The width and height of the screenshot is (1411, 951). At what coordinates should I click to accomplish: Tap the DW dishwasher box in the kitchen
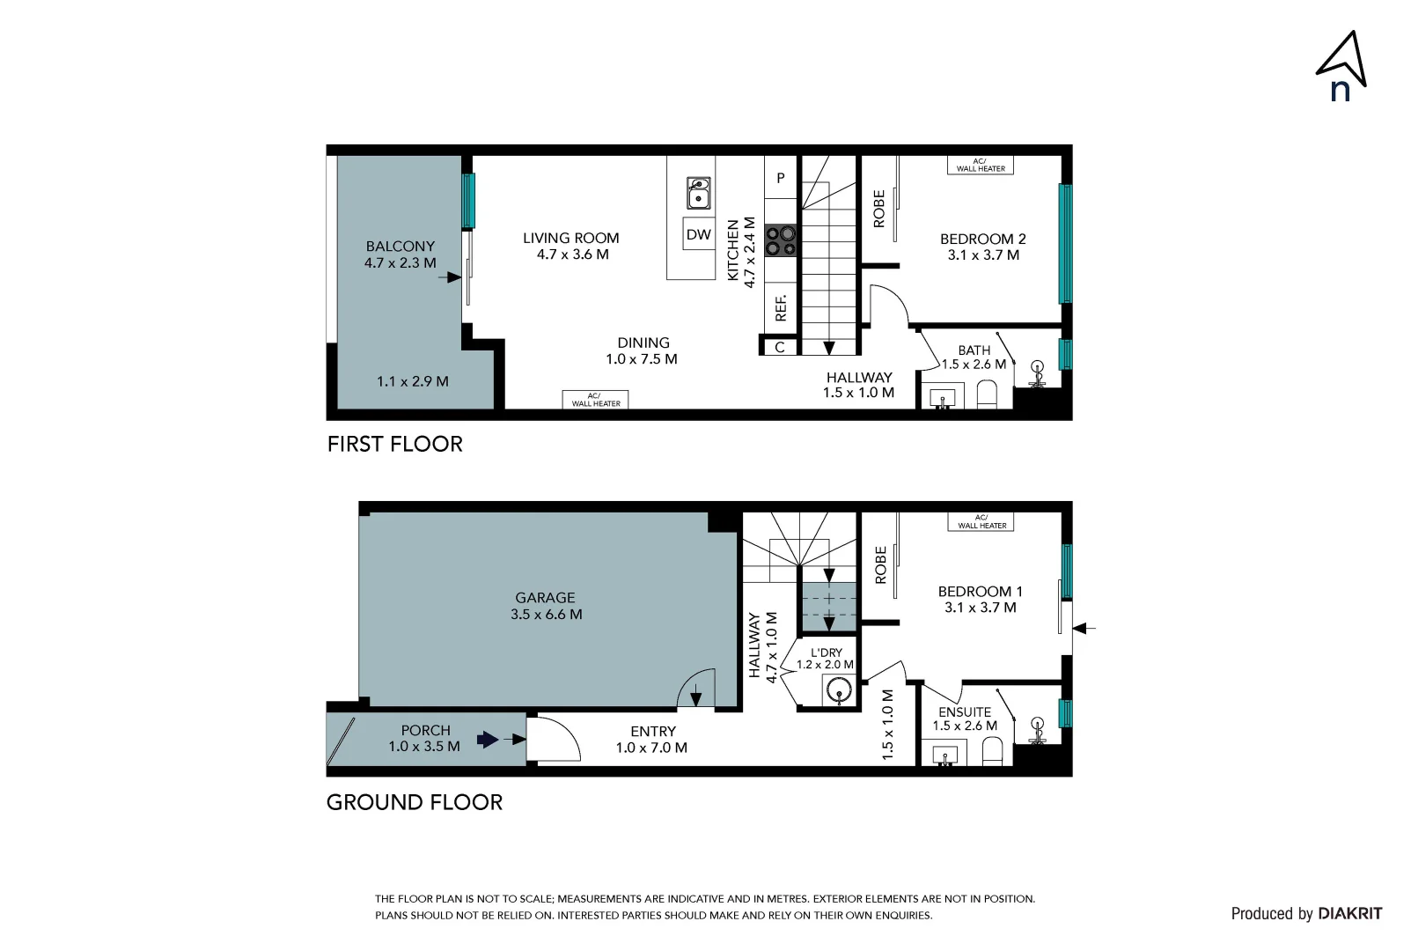699,234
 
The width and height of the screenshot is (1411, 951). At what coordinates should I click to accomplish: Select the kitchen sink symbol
699,193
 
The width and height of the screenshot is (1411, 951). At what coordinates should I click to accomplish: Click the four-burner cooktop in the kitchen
781,240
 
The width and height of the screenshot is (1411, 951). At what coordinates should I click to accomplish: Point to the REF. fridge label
781,308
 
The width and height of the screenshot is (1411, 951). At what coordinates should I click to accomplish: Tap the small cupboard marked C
780,347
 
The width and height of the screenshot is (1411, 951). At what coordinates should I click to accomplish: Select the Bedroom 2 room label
982,239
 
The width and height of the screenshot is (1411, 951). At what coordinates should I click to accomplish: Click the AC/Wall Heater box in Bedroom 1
981,522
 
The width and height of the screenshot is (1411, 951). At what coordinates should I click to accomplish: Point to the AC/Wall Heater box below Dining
595,400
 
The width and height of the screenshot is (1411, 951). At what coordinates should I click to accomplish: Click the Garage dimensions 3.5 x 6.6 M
546,615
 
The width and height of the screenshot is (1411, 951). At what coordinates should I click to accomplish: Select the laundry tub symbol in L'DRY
839,690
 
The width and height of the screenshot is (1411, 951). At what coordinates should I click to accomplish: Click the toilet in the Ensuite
992,752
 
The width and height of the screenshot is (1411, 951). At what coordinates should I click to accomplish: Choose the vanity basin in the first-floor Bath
943,398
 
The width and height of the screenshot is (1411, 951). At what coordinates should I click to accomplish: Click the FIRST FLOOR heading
395,445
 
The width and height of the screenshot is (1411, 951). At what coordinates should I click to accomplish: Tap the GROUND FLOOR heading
415,802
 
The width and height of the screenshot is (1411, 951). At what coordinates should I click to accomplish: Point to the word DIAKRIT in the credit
1350,914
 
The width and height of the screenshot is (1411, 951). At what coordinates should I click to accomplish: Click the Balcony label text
401,247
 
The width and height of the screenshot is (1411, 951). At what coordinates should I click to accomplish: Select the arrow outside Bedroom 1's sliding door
1084,629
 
